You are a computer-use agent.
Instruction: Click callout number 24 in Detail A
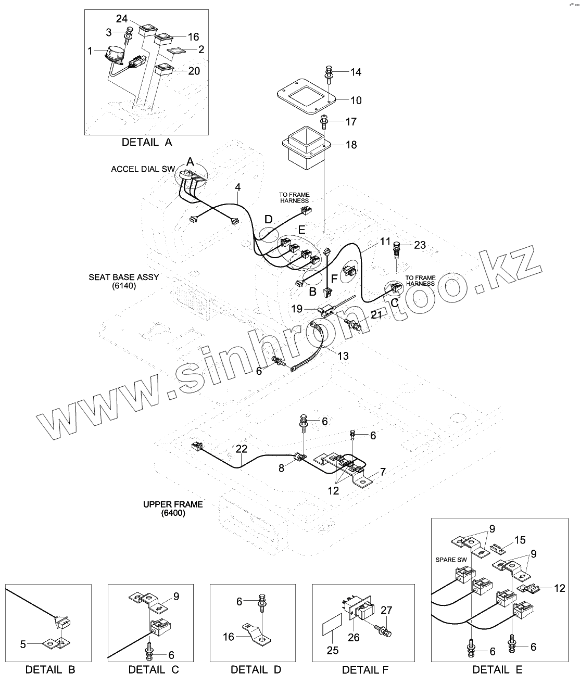(x=121, y=19)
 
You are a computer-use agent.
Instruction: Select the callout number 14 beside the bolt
(x=355, y=72)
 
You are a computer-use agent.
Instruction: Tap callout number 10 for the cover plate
(x=356, y=100)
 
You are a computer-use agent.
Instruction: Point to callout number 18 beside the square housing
(x=351, y=145)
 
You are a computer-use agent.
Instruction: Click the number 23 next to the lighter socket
(x=420, y=245)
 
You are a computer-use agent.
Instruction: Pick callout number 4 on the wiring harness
(x=237, y=186)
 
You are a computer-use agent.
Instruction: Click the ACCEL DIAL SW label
(x=143, y=169)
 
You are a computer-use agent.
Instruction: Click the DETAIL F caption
(x=365, y=669)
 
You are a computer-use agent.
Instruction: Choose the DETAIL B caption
(x=51, y=669)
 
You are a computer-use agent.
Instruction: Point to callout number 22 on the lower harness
(x=241, y=449)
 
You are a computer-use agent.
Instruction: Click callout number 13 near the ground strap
(x=343, y=356)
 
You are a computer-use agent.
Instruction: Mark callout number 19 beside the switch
(x=297, y=309)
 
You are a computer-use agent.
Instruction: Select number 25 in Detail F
(x=332, y=650)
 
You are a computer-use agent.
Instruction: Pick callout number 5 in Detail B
(x=23, y=644)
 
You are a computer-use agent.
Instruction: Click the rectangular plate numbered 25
(x=332, y=624)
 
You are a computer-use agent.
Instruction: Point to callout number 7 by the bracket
(x=383, y=472)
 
